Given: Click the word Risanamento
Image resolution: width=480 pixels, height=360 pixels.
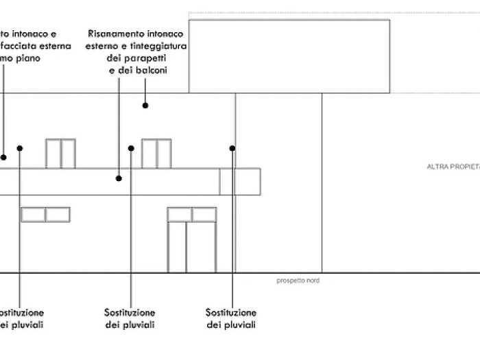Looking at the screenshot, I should point(119,33).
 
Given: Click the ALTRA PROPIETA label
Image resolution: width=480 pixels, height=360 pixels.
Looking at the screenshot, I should point(453,167).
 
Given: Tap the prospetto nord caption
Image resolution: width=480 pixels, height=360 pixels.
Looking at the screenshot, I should point(298,280).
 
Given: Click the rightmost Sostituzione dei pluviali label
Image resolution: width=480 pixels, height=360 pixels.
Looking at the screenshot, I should point(231,318).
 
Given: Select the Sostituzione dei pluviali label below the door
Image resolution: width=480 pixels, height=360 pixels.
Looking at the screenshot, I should point(130,318).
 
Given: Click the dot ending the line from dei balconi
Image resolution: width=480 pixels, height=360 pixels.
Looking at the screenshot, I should point(145,105).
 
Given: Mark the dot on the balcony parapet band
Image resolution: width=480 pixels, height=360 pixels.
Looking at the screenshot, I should point(119,178).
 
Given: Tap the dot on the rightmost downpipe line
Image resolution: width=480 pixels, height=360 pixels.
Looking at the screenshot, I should point(232,147).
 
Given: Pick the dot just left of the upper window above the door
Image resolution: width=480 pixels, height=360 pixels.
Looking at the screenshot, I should point(130,147).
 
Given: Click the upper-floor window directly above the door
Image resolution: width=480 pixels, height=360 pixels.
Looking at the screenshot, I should point(156,153).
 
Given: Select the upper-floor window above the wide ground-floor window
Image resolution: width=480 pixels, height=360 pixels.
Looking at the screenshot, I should point(60,153).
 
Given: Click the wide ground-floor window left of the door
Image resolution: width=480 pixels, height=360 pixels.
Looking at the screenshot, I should point(45,215).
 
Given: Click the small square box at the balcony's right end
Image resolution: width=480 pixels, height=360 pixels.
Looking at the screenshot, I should point(240,181).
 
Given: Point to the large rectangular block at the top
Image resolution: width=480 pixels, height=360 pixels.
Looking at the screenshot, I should point(289,56).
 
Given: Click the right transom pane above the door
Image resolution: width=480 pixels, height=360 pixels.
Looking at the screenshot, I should point(204,215).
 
